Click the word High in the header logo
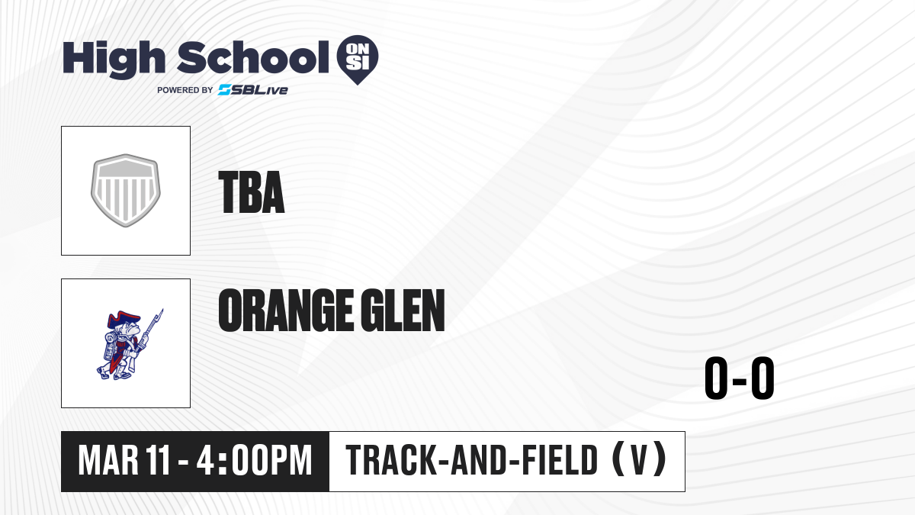[114, 60]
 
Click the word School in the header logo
[253, 58]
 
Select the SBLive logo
[253, 90]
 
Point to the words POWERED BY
[185, 90]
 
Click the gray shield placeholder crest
[126, 191]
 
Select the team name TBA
[252, 192]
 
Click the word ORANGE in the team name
[286, 311]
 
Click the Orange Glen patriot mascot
[130, 344]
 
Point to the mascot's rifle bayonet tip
[162, 310]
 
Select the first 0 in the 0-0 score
[717, 378]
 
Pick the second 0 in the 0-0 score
[762, 378]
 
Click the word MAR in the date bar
[108, 461]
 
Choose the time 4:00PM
[254, 461]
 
